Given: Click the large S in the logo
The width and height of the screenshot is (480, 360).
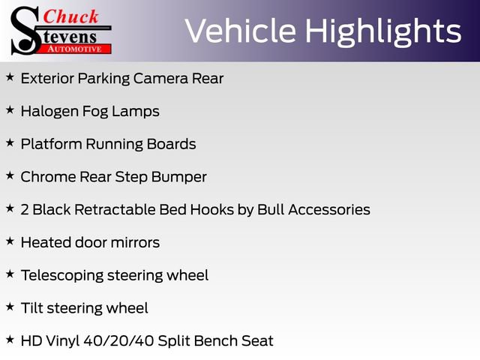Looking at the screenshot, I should click(x=25, y=30).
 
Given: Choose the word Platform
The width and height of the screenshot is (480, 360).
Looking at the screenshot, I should click(x=50, y=144).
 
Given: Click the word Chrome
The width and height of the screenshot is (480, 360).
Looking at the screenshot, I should click(x=47, y=177).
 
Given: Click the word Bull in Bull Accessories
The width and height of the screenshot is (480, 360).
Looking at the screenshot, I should click(x=271, y=209).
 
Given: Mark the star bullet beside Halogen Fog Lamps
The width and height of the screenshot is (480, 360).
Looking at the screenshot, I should click(x=10, y=110).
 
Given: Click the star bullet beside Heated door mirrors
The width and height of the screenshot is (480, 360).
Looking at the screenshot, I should click(x=10, y=241).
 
